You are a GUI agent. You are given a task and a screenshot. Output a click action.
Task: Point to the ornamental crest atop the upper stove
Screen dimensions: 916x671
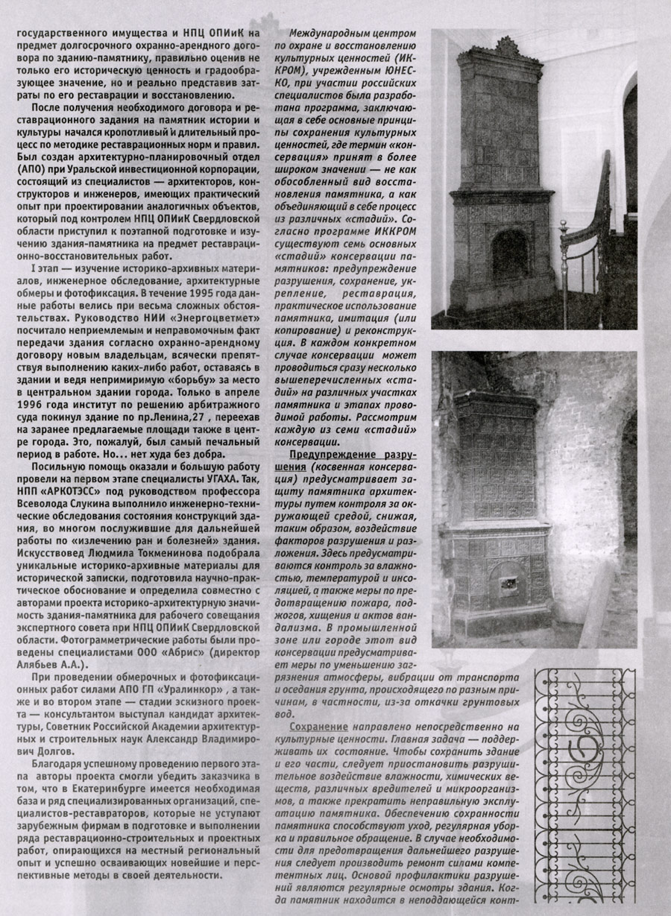pyautogui.click(x=506, y=46)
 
